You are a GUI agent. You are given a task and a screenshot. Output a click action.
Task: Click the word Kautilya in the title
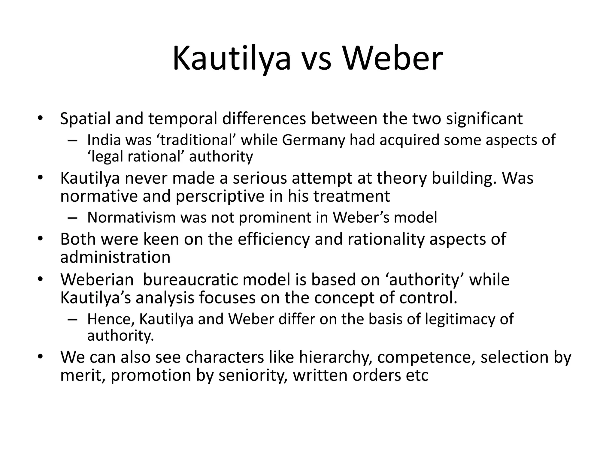232,59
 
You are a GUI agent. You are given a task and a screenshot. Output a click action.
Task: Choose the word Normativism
131,218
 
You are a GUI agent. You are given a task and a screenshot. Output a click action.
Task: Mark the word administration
115,258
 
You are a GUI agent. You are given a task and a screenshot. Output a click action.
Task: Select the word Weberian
97,280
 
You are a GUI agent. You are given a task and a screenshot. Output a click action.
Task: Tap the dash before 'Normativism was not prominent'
72,218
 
